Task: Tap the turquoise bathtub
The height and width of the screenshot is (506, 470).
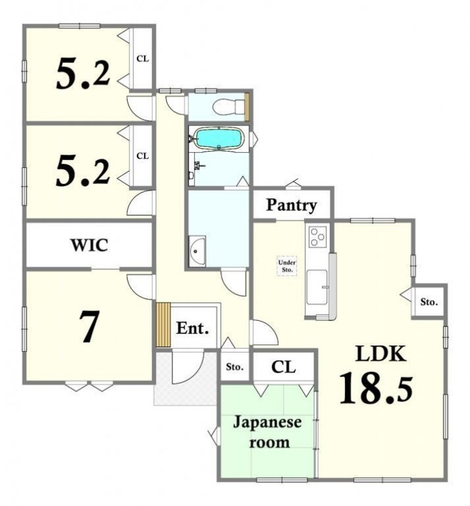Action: pyautogui.click(x=219, y=139)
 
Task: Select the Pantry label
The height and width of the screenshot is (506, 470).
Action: pyautogui.click(x=291, y=205)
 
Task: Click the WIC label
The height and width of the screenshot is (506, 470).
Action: pyautogui.click(x=89, y=245)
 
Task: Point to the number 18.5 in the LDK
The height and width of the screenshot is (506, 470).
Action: pyautogui.click(x=376, y=389)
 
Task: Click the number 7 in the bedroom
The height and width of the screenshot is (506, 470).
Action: pyautogui.click(x=89, y=327)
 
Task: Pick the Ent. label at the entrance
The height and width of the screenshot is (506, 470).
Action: pyautogui.click(x=192, y=329)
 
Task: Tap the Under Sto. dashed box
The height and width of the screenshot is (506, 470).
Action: pyautogui.click(x=287, y=266)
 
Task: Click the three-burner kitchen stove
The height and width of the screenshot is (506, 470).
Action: pyautogui.click(x=317, y=237)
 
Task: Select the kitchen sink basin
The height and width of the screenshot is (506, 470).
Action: pyautogui.click(x=317, y=287)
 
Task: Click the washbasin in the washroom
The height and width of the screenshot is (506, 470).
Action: pyautogui.click(x=197, y=251)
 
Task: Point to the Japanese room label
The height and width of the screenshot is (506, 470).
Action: pyautogui.click(x=268, y=432)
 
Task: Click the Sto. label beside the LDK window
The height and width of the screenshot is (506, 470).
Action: pyautogui.click(x=429, y=302)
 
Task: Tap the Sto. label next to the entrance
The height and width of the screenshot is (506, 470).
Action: pyautogui.click(x=235, y=367)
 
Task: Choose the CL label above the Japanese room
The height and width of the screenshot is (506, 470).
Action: pyautogui.click(x=283, y=367)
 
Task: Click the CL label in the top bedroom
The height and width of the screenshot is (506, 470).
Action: pyautogui.click(x=142, y=59)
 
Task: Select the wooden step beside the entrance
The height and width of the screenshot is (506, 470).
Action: pyautogui.click(x=163, y=325)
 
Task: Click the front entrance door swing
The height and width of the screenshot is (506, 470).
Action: pyautogui.click(x=188, y=367)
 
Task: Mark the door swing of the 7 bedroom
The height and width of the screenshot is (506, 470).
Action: pyautogui.click(x=140, y=286)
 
